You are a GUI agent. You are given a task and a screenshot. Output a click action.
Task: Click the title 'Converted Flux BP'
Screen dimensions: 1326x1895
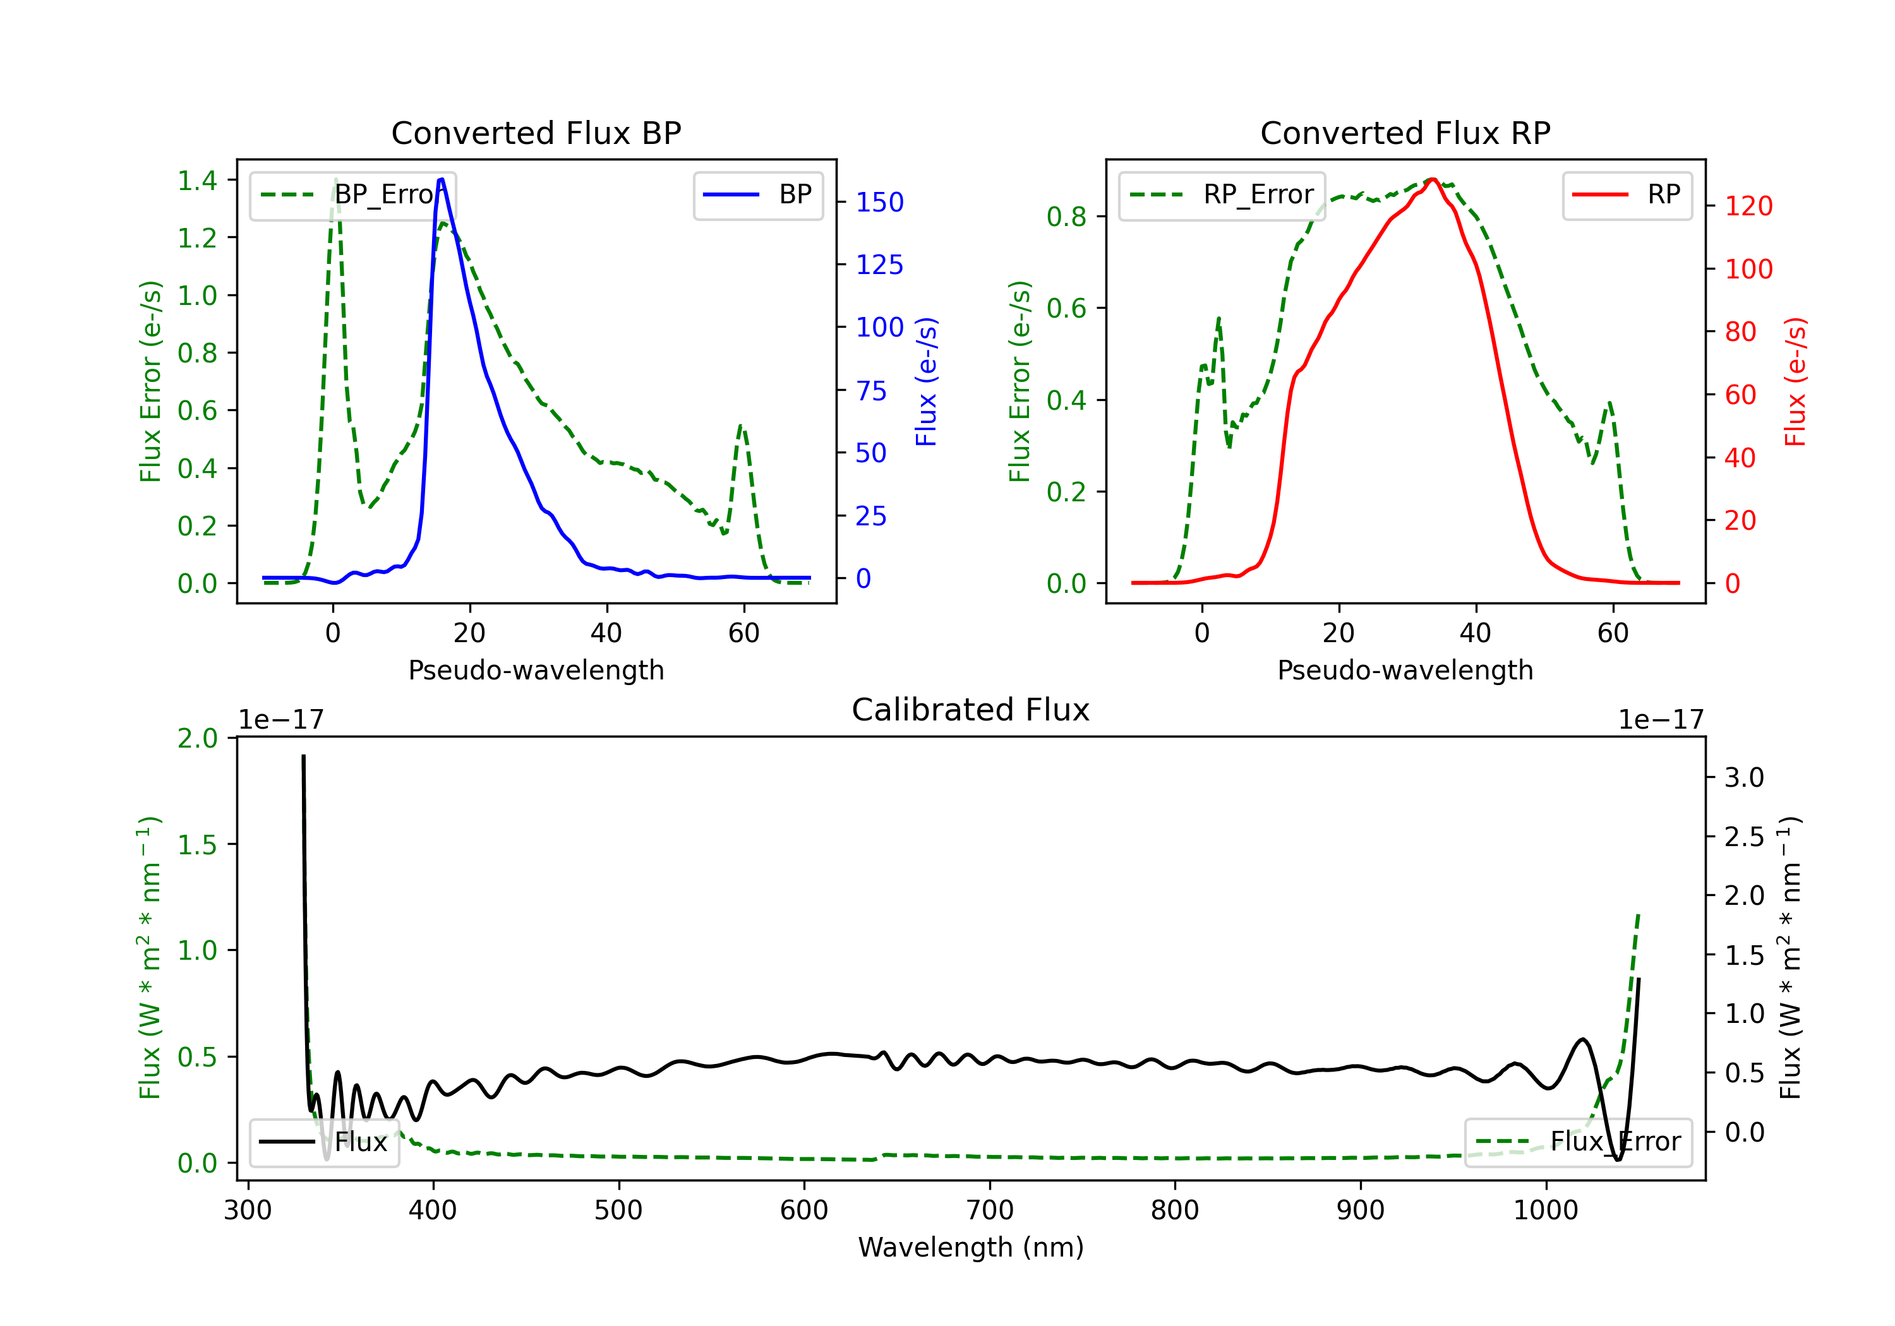pyautogui.click(x=536, y=133)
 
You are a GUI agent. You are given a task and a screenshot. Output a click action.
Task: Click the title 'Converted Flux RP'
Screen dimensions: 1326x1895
pyautogui.click(x=1405, y=133)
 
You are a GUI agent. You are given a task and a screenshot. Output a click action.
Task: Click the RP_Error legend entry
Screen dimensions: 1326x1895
pyautogui.click(x=1222, y=194)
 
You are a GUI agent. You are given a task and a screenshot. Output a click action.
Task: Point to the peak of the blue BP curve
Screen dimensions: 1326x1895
pyautogui.click(x=442, y=180)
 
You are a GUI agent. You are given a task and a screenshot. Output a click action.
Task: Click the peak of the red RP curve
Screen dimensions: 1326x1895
pyautogui.click(x=1433, y=180)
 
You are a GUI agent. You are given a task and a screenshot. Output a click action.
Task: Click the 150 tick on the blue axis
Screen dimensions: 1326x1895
pyautogui.click(x=879, y=202)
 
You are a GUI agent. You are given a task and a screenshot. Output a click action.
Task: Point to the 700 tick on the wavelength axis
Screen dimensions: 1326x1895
pyautogui.click(x=990, y=1210)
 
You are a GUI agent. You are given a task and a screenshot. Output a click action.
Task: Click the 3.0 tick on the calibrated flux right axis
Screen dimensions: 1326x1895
pyautogui.click(x=1743, y=777)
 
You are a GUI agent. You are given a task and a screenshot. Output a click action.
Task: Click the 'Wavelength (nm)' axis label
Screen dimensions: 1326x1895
pyautogui.click(x=971, y=1247)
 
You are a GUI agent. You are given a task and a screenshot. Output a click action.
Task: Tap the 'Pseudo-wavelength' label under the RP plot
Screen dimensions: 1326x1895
pyautogui.click(x=1405, y=670)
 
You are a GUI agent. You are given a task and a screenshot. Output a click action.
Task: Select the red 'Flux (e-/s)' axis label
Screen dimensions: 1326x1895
pyautogui.click(x=1795, y=381)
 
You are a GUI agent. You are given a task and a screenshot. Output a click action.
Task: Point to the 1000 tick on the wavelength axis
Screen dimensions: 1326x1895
pyautogui.click(x=1546, y=1210)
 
